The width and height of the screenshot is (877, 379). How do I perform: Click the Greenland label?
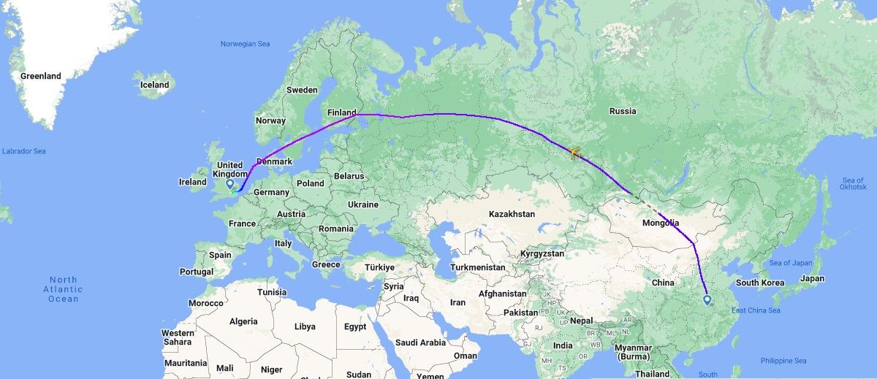(41, 76)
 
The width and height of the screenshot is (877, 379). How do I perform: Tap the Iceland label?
(154, 85)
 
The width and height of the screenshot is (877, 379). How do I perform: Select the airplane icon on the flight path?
(573, 153)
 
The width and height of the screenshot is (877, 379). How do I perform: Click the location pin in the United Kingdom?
(230, 184)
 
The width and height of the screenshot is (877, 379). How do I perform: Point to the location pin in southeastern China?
(707, 299)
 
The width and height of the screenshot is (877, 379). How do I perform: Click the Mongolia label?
(661, 223)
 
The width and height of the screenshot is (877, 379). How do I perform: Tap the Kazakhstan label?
(512, 214)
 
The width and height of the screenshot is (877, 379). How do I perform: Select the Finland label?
(342, 112)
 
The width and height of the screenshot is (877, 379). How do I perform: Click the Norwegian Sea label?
(246, 44)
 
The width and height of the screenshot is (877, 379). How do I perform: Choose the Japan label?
(812, 278)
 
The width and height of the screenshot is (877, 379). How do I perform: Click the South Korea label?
(760, 283)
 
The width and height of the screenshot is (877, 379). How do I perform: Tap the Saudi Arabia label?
(421, 342)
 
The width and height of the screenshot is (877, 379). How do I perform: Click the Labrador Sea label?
(23, 151)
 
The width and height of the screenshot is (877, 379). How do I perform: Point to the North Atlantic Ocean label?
(64, 289)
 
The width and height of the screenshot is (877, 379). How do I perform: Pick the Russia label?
(623, 111)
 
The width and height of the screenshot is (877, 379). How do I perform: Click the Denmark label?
(275, 161)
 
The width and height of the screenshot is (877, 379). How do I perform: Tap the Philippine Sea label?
(784, 361)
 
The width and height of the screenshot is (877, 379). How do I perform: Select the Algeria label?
(243, 321)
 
